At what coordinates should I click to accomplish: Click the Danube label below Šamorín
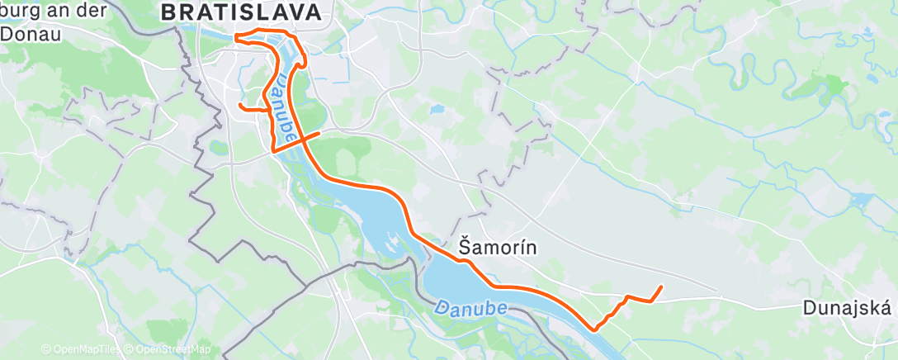coord(470,308)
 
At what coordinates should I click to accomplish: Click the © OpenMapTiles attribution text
coord(81,349)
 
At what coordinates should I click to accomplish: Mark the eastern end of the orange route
coord(662,287)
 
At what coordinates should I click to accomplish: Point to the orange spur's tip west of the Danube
coord(239,105)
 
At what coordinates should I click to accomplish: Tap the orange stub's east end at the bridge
coord(319,132)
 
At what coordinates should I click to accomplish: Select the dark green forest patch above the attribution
coord(124,331)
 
